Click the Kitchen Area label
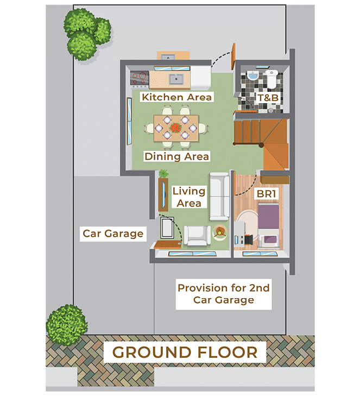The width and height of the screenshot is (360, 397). click(176, 97)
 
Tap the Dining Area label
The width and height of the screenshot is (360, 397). click(176, 156)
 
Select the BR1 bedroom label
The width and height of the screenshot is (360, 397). click(266, 194)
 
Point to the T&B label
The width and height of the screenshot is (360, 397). click(268, 98)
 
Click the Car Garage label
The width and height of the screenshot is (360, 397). click(113, 234)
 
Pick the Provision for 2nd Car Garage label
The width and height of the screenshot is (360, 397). click(224, 294)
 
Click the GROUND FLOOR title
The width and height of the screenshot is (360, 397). click(185, 352)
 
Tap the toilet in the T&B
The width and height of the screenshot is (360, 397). click(271, 79)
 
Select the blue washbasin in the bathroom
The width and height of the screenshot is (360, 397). click(252, 75)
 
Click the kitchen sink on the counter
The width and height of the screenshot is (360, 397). click(176, 79)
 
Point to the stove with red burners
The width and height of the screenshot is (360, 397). click(140, 78)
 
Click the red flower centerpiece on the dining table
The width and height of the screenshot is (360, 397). click(176, 127)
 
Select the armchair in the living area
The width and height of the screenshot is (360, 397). click(197, 236)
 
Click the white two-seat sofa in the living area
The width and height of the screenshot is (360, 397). click(219, 197)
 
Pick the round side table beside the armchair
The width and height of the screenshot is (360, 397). click(220, 232)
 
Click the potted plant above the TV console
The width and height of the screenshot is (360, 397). click(164, 174)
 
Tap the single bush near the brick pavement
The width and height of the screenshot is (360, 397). click(67, 326)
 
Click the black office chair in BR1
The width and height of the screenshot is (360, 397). click(248, 240)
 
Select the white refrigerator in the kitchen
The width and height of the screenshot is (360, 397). click(201, 78)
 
